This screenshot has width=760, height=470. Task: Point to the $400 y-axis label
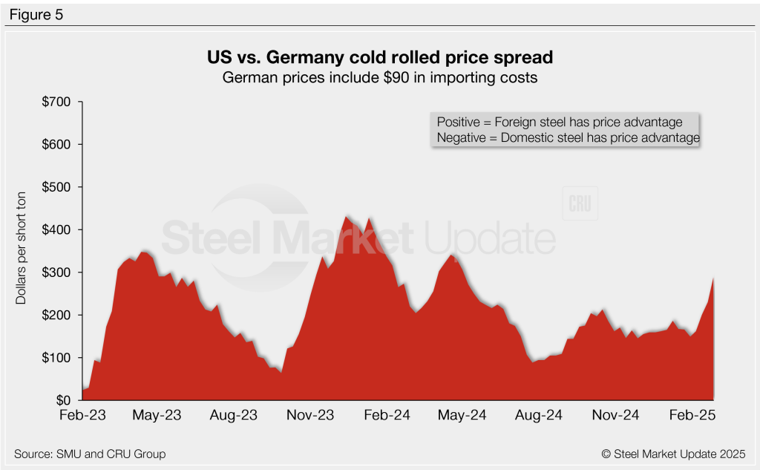tap(57, 229)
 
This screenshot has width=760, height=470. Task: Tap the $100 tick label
tap(57, 358)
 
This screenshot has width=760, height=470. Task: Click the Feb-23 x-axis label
tap(82, 416)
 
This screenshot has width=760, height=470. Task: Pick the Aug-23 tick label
tap(234, 416)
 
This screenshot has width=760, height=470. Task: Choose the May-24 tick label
tap(463, 416)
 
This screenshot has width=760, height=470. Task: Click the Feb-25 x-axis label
tap(692, 416)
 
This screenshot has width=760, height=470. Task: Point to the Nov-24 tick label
tap(616, 416)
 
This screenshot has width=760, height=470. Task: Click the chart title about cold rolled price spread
tap(379, 57)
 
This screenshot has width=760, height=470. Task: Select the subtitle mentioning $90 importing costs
tap(379, 76)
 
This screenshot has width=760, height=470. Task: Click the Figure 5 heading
tap(36, 13)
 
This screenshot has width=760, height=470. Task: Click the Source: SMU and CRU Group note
tap(90, 454)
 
